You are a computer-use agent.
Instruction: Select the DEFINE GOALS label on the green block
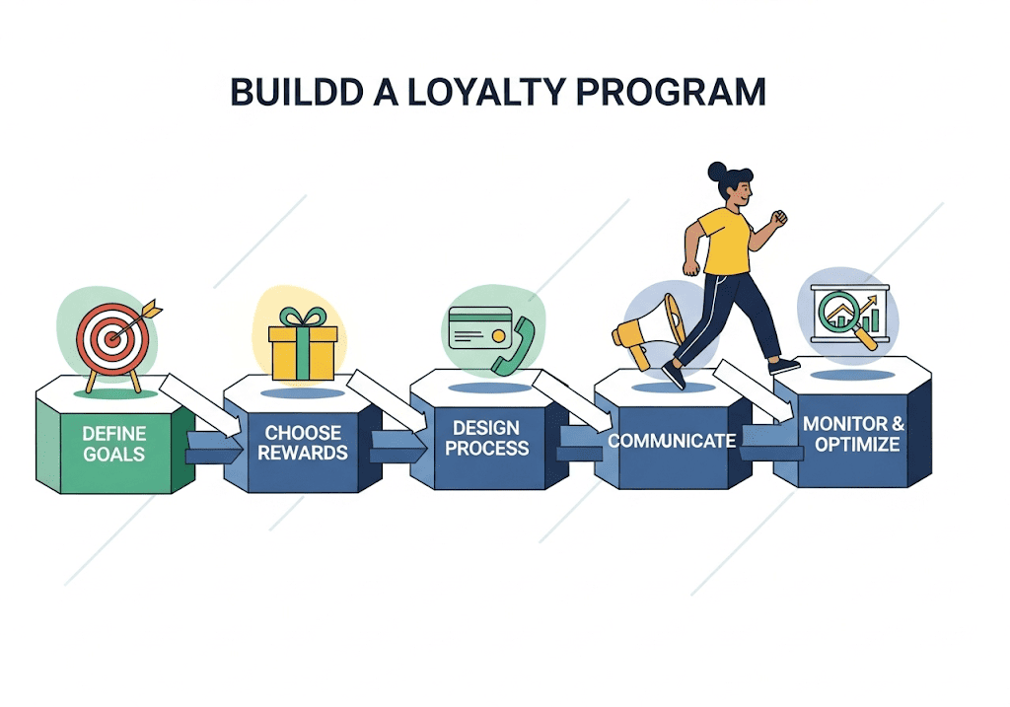pyautogui.click(x=113, y=444)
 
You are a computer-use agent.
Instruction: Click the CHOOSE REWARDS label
pyautogui.click(x=303, y=443)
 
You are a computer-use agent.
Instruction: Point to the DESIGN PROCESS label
pyautogui.click(x=490, y=438)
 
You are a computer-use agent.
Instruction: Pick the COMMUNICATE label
pyautogui.click(x=671, y=440)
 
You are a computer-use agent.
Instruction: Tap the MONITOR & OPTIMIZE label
pyautogui.click(x=853, y=435)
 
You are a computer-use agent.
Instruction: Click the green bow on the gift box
pyautogui.click(x=303, y=318)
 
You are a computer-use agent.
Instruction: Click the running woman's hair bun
pyautogui.click(x=717, y=172)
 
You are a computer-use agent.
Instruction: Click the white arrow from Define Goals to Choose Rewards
pyautogui.click(x=203, y=403)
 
